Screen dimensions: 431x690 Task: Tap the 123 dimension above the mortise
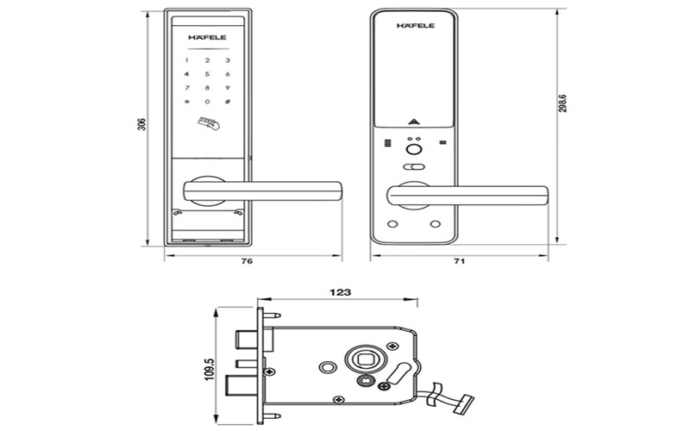(340, 293)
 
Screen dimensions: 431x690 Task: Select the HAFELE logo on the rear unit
(415, 26)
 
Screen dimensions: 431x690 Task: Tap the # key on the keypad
(227, 102)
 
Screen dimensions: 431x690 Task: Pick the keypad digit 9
(227, 88)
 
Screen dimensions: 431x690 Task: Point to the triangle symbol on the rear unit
(415, 122)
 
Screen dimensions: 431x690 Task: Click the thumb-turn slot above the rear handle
(415, 167)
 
